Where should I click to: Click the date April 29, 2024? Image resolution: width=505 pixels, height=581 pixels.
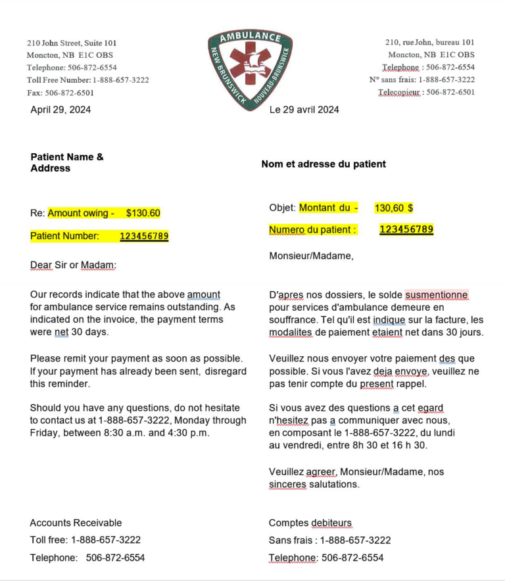point(60,110)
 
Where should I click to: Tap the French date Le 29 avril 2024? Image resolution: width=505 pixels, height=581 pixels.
point(304,110)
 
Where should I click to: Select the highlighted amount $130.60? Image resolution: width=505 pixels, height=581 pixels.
point(143,213)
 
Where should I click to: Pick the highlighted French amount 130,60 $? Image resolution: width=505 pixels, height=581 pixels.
point(393,208)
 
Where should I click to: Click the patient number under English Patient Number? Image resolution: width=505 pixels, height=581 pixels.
point(144,236)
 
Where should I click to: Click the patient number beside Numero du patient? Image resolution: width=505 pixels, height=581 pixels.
point(406,229)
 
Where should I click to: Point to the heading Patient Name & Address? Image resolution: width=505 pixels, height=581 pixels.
point(66,162)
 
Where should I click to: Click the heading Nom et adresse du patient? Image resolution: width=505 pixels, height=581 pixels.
point(324,164)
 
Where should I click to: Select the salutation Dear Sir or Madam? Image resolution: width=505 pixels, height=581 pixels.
point(73,265)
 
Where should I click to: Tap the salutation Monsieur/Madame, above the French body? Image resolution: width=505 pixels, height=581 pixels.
point(311,256)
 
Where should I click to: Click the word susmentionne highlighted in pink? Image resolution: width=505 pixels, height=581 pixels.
point(437,295)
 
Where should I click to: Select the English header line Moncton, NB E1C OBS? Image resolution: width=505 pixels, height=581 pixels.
point(71,55)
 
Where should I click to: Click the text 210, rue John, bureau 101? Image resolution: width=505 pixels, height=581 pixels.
point(429,43)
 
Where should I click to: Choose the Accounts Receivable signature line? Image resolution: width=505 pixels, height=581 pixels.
point(76,523)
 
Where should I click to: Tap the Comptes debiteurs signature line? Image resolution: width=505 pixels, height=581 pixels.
point(310,523)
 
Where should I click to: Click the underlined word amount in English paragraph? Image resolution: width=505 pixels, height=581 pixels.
point(204,294)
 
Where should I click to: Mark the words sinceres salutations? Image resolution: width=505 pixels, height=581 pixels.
point(314,484)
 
